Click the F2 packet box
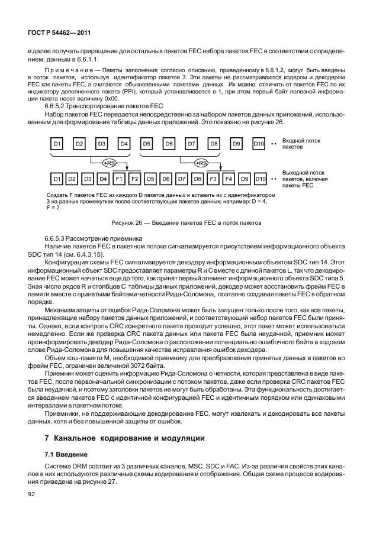(134, 178)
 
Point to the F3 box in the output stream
(213, 178)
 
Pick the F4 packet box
(229, 178)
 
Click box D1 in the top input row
(57, 144)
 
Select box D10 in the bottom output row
(259, 178)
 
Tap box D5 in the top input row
(147, 144)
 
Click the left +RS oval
(110, 162)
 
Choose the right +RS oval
(201, 162)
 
